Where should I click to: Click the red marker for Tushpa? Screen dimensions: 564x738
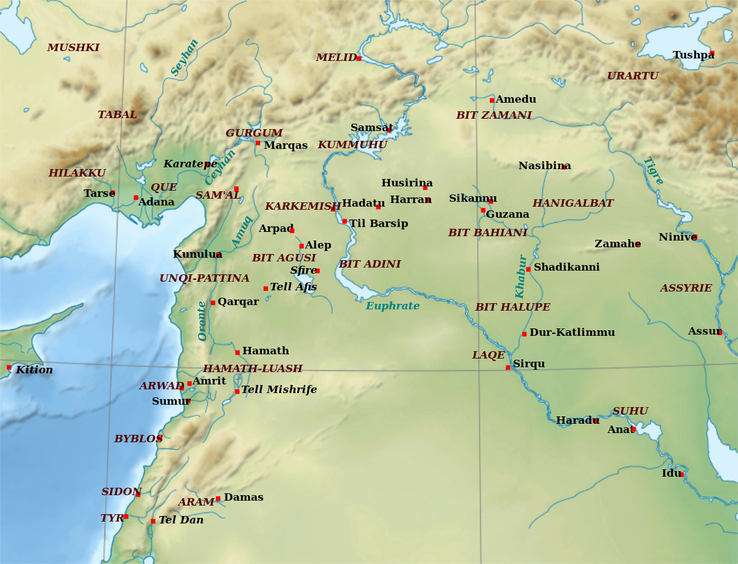click(x=712, y=53)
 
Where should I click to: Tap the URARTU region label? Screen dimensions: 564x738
click(x=632, y=76)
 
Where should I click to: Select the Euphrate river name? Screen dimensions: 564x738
click(x=392, y=306)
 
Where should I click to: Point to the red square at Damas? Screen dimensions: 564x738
click(x=218, y=499)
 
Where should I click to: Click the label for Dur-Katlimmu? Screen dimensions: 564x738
click(x=572, y=333)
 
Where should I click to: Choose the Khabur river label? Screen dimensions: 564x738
click(x=521, y=277)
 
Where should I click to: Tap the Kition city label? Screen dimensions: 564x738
click(x=34, y=370)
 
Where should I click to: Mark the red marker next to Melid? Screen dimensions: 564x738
click(x=359, y=58)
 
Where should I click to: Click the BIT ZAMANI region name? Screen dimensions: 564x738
click(x=493, y=116)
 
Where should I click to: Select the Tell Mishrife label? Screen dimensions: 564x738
click(x=279, y=390)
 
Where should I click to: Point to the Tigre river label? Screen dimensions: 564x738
click(x=653, y=171)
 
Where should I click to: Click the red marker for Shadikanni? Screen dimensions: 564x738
click(x=528, y=269)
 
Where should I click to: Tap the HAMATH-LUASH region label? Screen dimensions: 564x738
click(x=252, y=369)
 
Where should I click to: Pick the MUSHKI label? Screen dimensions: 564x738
click(x=73, y=48)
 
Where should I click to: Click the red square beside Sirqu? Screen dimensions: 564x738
click(x=508, y=367)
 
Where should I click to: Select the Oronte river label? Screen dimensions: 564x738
click(x=202, y=321)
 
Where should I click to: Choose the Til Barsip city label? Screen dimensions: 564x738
click(x=378, y=224)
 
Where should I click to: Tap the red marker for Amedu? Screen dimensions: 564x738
click(x=492, y=100)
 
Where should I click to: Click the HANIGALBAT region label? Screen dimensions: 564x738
click(x=573, y=204)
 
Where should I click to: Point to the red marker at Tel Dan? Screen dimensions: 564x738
click(x=153, y=522)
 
